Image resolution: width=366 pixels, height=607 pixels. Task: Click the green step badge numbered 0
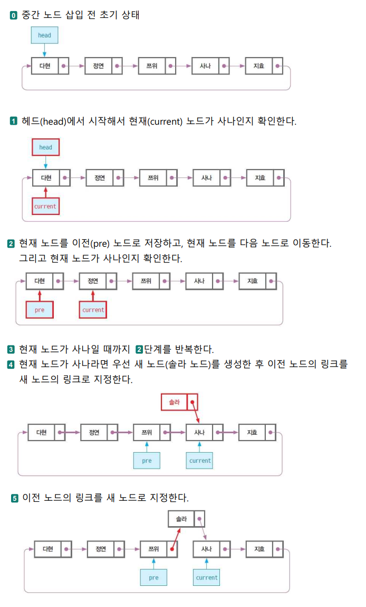tap(14, 15)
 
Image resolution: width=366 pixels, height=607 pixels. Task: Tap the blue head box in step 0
tap(44, 35)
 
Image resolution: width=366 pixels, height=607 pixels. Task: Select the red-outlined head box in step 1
tap(45, 147)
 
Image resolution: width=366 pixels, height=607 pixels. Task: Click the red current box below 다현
tap(45, 206)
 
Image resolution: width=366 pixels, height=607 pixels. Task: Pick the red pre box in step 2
tap(40, 310)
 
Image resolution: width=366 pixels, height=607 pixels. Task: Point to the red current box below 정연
tap(93, 310)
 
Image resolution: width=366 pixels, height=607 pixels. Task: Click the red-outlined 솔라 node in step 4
tap(180, 402)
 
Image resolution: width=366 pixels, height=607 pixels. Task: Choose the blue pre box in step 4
tap(147, 461)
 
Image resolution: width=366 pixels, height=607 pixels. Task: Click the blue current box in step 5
tap(206, 577)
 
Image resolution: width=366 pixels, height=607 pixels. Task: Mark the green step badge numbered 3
tap(11, 350)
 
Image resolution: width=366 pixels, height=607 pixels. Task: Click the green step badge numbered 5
tap(15, 498)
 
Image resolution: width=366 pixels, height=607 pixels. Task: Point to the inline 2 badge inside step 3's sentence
tap(140, 350)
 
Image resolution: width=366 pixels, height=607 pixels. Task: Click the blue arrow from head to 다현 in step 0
tap(44, 50)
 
